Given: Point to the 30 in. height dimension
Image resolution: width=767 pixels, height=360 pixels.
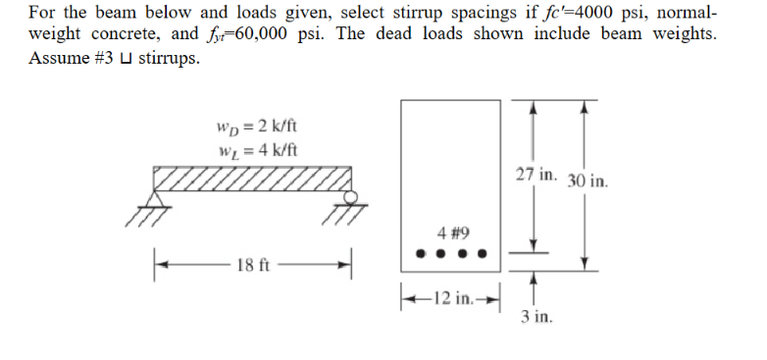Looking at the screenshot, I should coord(588,181).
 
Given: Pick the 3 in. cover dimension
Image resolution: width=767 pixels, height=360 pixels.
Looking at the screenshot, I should coord(537,317).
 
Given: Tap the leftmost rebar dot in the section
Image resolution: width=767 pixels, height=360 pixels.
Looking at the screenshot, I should coord(419,254).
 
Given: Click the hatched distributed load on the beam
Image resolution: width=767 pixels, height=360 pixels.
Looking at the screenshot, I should coord(252,180).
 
